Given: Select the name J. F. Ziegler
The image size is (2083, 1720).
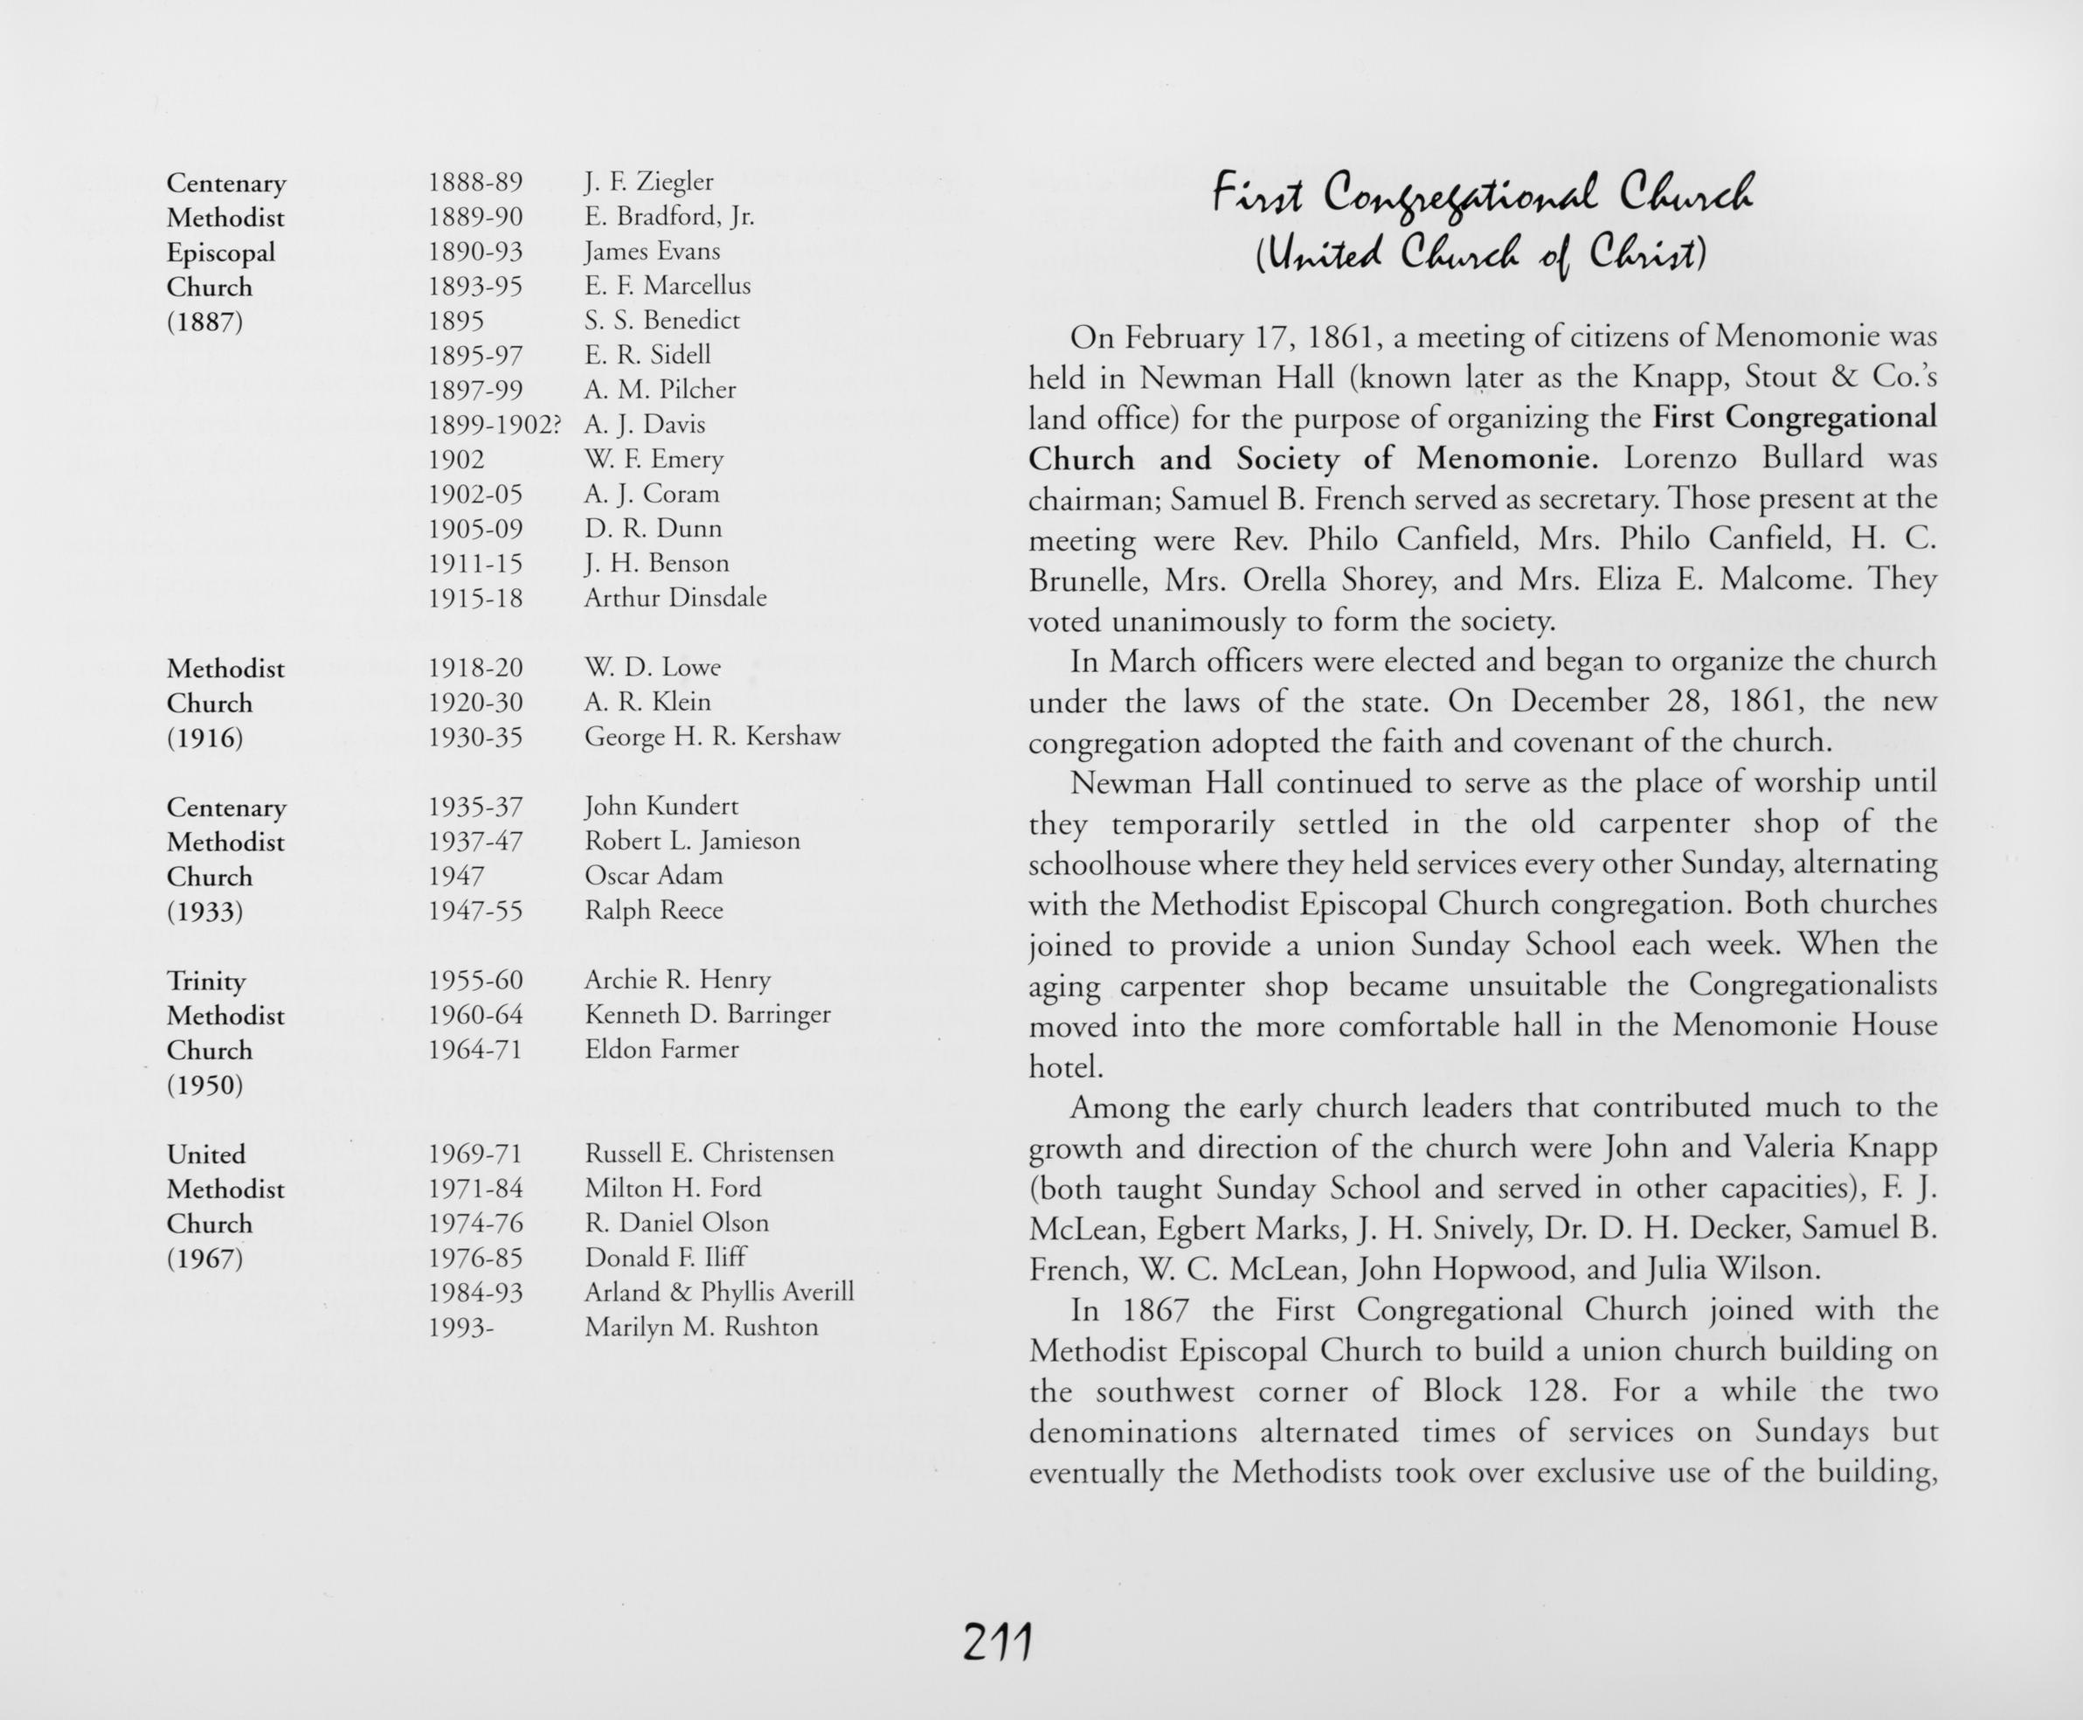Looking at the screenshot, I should [649, 183].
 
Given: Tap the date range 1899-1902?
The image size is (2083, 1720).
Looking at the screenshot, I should [495, 425].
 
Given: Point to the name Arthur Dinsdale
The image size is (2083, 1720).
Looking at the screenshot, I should [675, 598].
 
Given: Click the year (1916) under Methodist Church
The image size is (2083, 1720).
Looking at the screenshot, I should [205, 739].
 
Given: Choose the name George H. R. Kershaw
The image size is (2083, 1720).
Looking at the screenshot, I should [711, 736].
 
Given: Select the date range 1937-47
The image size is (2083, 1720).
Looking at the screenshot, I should [474, 841].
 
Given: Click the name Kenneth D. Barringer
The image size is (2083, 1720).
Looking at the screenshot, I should [707, 1015].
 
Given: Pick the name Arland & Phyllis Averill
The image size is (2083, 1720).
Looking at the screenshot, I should [718, 1292].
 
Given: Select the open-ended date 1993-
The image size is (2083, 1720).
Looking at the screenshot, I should [460, 1328].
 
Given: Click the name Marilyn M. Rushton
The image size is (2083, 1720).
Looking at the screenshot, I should [702, 1327].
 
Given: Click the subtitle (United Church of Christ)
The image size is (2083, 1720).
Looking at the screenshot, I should [1481, 255].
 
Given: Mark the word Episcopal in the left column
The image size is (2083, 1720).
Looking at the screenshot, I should [221, 253].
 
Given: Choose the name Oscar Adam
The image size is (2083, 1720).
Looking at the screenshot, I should [654, 876].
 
